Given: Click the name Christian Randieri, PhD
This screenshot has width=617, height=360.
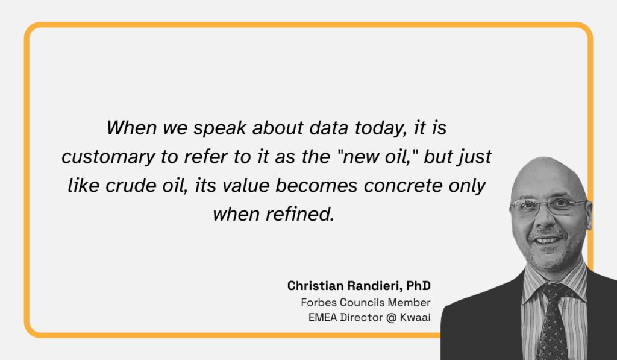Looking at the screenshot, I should (359, 285).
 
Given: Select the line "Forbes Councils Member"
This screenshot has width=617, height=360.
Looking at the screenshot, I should (366, 302).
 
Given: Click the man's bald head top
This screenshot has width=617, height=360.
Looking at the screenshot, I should (545, 172).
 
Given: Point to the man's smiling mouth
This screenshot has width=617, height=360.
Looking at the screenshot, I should (547, 241).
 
